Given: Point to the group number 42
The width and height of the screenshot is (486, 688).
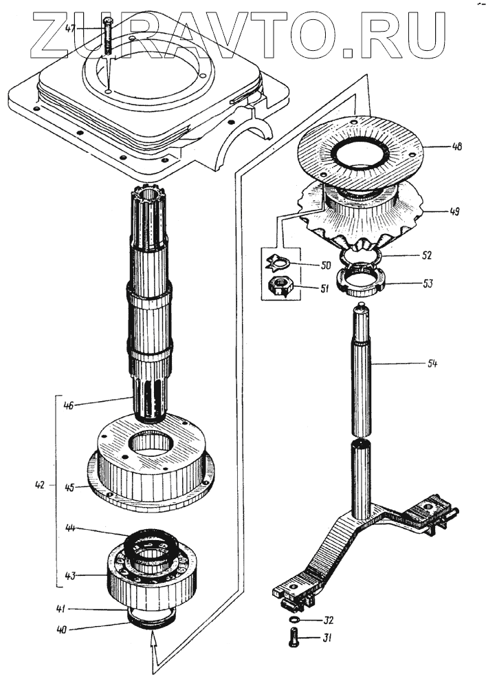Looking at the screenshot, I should [x=40, y=485].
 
